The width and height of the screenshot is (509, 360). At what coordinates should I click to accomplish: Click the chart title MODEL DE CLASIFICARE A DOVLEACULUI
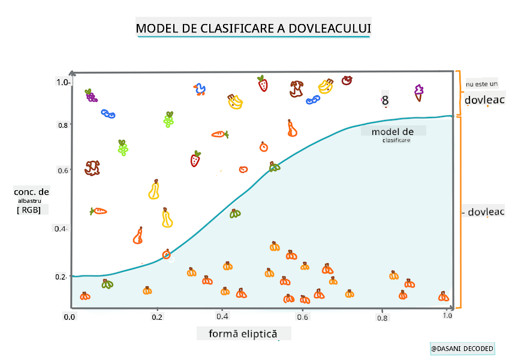(254, 28)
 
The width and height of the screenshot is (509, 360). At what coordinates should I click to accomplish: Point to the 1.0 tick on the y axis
(64, 82)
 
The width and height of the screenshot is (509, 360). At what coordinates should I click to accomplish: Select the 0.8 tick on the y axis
(63, 125)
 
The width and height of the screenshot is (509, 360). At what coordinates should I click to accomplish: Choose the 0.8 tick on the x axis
(383, 317)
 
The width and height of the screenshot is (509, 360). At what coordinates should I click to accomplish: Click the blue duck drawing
(200, 90)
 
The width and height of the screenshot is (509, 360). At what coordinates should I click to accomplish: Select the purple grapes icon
(91, 95)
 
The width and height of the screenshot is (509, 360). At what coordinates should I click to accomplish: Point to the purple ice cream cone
(418, 92)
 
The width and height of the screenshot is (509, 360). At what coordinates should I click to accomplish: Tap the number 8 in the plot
(385, 101)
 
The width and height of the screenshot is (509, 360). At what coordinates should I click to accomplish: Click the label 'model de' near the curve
(392, 131)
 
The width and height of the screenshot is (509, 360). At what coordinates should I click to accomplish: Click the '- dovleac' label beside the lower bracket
(483, 212)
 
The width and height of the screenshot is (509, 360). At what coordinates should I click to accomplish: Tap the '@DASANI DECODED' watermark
(462, 349)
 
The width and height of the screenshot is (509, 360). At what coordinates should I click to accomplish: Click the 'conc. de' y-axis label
(32, 192)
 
